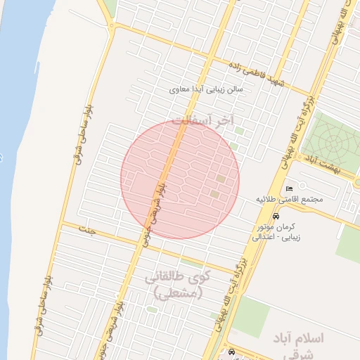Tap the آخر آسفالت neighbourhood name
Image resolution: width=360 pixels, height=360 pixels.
(202, 121)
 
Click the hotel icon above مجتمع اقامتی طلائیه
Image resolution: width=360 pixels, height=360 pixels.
(290, 188)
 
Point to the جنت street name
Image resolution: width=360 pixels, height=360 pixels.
(86, 230)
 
